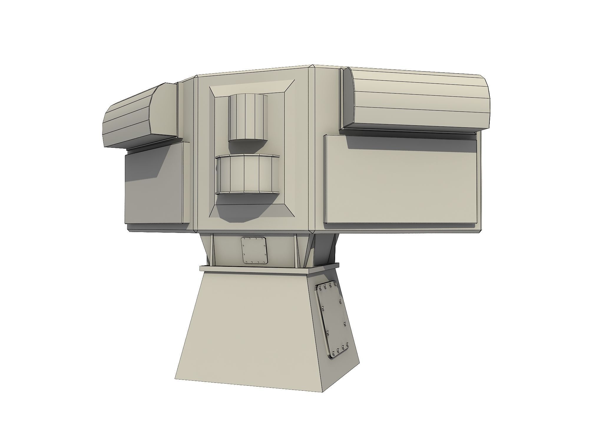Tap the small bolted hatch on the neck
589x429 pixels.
(254, 250)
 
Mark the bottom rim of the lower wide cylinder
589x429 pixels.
(247, 193)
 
